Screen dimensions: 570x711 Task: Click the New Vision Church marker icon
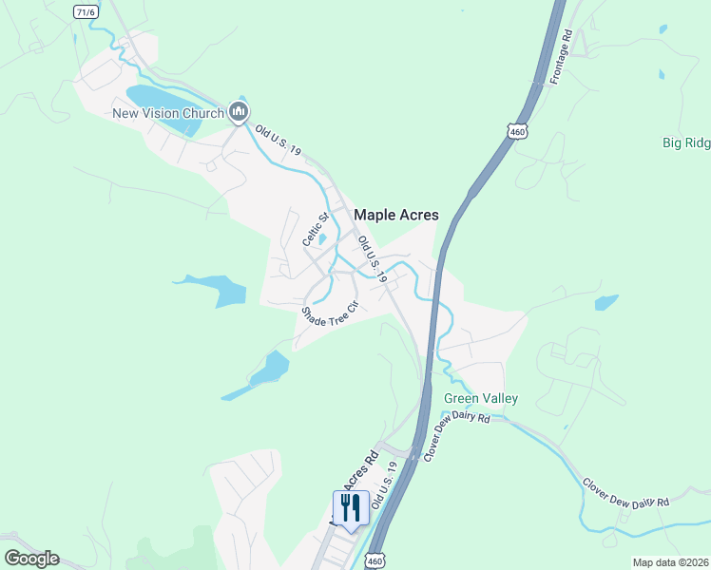(x=239, y=113)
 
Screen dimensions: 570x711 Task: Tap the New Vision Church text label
(x=167, y=114)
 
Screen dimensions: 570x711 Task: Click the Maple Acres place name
(x=396, y=216)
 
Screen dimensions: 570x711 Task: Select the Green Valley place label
(x=481, y=398)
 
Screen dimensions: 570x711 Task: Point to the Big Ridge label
(x=686, y=142)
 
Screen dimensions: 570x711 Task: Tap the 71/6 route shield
(x=86, y=10)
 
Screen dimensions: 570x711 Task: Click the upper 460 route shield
(x=516, y=130)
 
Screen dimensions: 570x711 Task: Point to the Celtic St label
(x=315, y=229)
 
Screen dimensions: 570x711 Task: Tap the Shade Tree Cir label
(x=329, y=314)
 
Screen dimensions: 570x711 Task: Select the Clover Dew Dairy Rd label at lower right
(x=626, y=489)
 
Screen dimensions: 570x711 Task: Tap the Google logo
(x=31, y=559)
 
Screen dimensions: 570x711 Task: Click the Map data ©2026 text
(x=670, y=562)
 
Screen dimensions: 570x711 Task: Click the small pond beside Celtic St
(x=322, y=238)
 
